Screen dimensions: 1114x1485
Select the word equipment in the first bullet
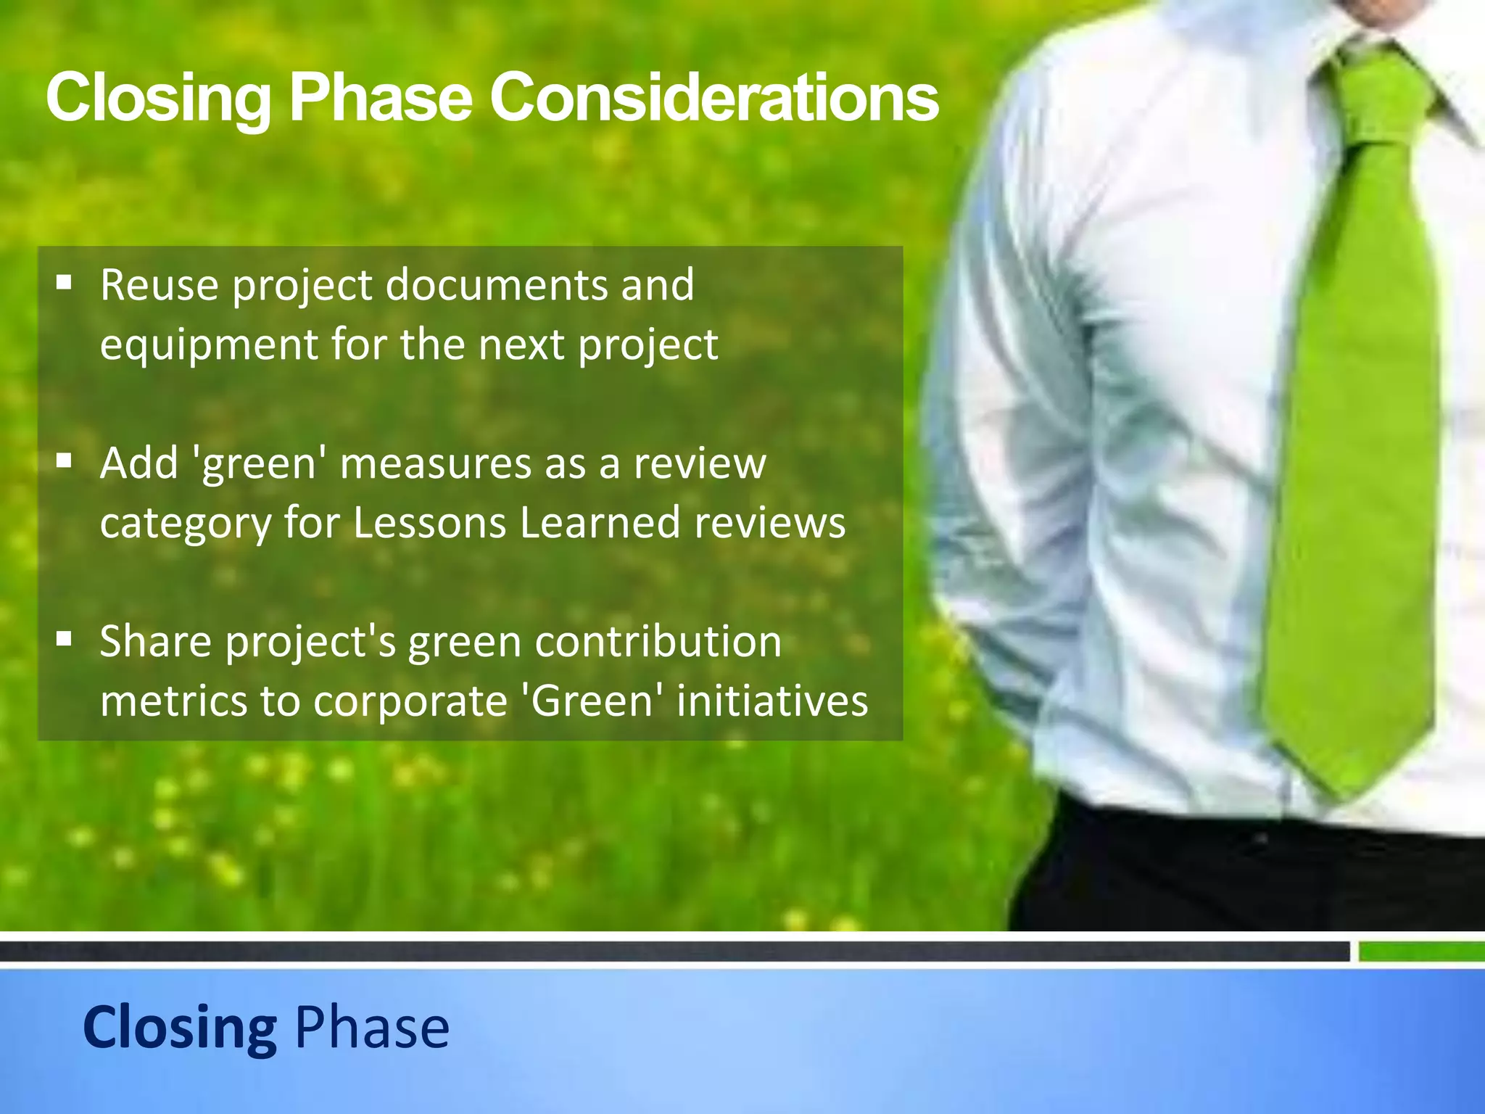coord(208,344)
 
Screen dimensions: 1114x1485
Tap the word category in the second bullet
coord(185,524)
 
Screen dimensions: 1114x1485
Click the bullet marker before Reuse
coord(65,282)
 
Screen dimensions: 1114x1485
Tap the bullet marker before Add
coord(65,461)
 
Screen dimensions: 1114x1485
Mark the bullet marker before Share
coord(65,639)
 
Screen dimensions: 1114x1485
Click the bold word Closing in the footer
coord(179,1027)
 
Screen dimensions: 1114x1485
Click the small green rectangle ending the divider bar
coord(1420,951)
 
